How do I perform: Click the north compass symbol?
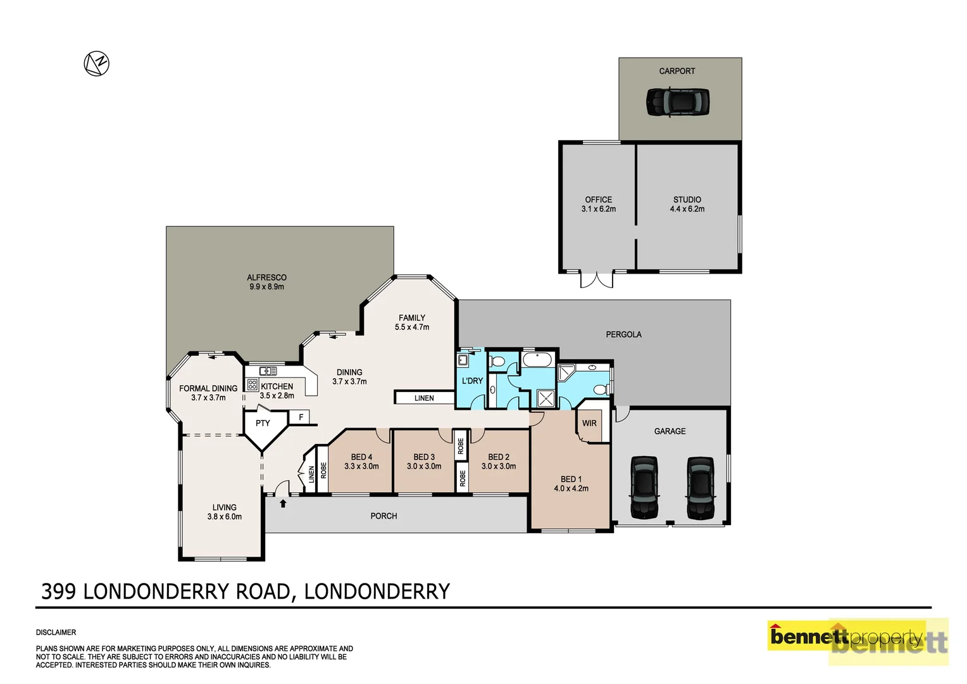coord(97,64)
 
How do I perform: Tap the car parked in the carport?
coord(677,101)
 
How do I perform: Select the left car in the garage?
coord(644,488)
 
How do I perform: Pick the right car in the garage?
coord(700,488)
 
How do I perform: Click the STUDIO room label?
coord(687,199)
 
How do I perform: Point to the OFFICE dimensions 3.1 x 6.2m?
coord(598,209)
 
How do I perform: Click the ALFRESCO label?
coord(266,277)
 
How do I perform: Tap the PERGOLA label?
coord(623,334)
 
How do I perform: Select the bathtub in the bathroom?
coord(537,360)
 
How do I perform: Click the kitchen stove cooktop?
coord(253,384)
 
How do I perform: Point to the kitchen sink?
coord(268,370)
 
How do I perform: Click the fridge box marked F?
coord(301,417)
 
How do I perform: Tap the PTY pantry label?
coord(263,423)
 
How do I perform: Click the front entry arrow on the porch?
coord(283,503)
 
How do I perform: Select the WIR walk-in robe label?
coord(589,423)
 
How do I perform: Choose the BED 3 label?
coord(424,457)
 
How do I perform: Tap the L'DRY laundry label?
coord(472,381)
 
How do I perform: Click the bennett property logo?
coord(858,641)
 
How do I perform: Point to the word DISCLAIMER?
coord(56,632)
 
